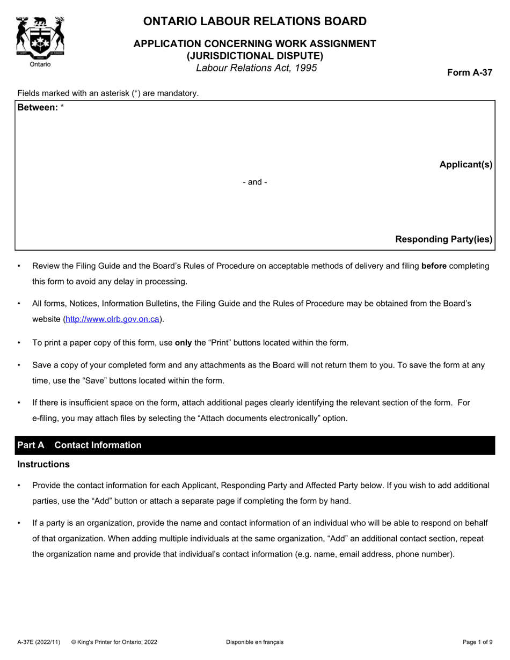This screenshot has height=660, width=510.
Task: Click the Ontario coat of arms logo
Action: pyautogui.click(x=40, y=36)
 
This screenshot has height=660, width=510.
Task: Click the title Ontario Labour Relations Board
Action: pyautogui.click(x=255, y=21)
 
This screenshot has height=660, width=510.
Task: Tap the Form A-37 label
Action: pyautogui.click(x=470, y=73)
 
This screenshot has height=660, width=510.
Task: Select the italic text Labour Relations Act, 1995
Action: pyautogui.click(x=256, y=68)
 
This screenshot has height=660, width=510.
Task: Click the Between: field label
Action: pyautogui.click(x=38, y=107)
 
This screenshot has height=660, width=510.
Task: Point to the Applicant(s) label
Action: pyautogui.click(x=465, y=165)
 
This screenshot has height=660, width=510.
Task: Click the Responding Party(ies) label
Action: pyautogui.click(x=443, y=239)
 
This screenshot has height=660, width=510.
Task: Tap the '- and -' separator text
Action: pyautogui.click(x=255, y=182)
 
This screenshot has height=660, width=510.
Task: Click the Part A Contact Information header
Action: pyautogui.click(x=79, y=445)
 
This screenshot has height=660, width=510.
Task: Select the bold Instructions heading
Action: pyautogui.click(x=43, y=465)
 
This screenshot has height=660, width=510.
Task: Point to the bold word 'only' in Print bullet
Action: pyautogui.click(x=183, y=342)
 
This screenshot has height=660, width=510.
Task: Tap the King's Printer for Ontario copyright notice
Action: pyautogui.click(x=114, y=642)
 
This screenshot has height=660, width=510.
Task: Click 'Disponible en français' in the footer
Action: pyautogui.click(x=254, y=642)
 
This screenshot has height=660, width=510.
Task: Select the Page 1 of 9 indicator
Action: pyautogui.click(x=477, y=642)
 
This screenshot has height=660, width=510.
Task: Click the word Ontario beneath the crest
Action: pyautogui.click(x=40, y=64)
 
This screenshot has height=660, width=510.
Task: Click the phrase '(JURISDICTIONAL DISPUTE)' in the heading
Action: pyautogui.click(x=255, y=55)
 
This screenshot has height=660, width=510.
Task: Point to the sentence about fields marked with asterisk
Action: pyautogui.click(x=108, y=93)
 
